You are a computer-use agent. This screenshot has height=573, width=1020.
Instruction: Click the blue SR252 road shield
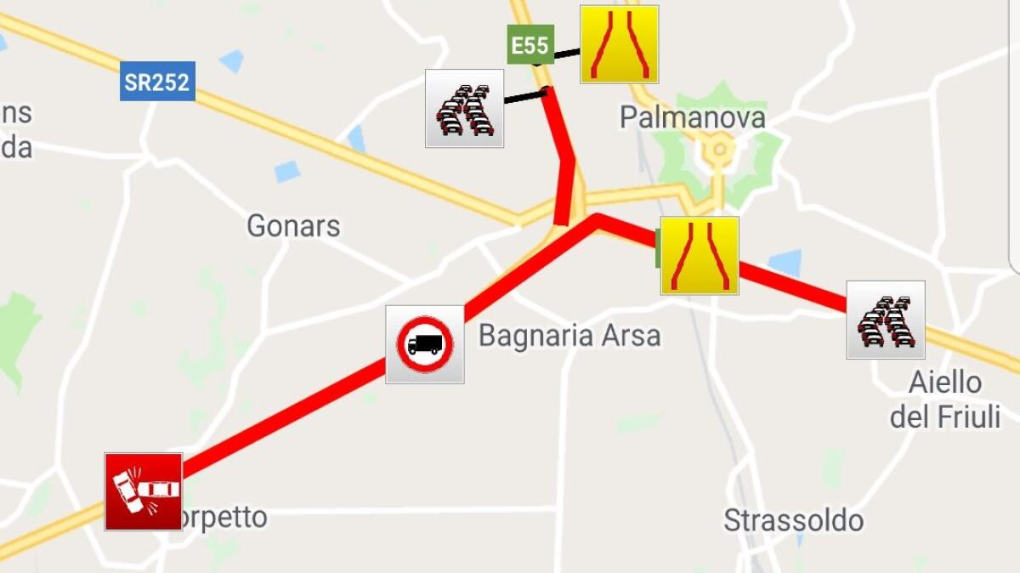pyautogui.click(x=157, y=82)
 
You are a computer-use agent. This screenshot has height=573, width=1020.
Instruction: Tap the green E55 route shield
pyautogui.click(x=530, y=44)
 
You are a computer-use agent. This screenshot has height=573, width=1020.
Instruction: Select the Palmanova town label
pyautogui.click(x=692, y=117)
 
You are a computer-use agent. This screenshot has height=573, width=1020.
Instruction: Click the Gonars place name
pyautogui.click(x=293, y=226)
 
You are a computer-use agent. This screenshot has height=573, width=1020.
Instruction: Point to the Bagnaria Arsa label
pyautogui.click(x=569, y=336)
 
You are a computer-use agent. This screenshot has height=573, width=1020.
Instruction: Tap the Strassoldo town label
pyautogui.click(x=793, y=520)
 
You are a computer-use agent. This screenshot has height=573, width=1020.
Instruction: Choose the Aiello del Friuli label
pyautogui.click(x=945, y=400)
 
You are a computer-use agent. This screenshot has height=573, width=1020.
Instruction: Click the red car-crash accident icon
pyautogui.click(x=143, y=491)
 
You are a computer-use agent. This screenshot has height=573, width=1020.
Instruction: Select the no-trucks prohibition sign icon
pyautogui.click(x=425, y=344)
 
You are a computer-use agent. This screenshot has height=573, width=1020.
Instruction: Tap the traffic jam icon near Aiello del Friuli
pyautogui.click(x=886, y=320)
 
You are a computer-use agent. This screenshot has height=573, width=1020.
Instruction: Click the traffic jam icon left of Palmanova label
pyautogui.click(x=464, y=109)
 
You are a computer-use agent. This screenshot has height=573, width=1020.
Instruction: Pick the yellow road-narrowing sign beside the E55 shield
pyautogui.click(x=619, y=44)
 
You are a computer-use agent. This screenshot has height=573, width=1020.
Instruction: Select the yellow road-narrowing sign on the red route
pyautogui.click(x=700, y=256)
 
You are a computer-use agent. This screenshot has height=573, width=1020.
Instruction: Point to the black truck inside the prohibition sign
pyautogui.click(x=424, y=345)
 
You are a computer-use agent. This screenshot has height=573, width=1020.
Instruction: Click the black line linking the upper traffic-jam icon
pyautogui.click(x=524, y=96)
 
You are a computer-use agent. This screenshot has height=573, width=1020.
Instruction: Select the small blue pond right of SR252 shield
pyautogui.click(x=231, y=60)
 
